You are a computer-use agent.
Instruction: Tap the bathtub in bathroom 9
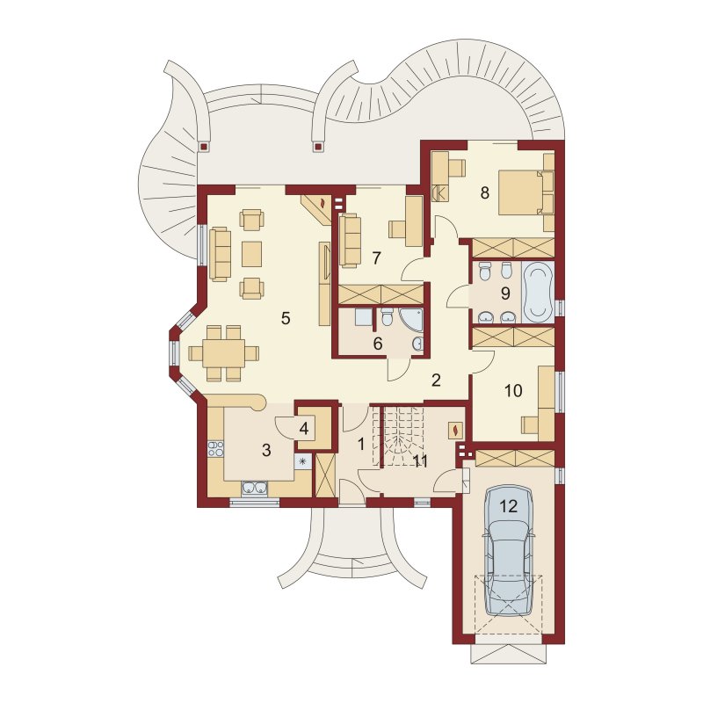[x=538, y=292]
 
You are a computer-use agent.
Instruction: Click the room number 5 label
[x=286, y=318]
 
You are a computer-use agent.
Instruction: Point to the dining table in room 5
[x=224, y=353]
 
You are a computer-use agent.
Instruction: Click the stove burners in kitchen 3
[x=215, y=449]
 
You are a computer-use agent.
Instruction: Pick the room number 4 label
[x=304, y=429]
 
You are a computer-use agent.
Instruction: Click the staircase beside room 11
[x=402, y=436]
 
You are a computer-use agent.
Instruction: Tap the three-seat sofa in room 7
[x=350, y=241]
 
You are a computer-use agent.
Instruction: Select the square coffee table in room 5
[x=251, y=254]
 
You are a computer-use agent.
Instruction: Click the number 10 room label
[x=513, y=390]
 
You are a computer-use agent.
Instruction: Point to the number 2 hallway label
[x=436, y=380]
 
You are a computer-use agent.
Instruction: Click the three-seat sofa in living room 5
[x=219, y=254]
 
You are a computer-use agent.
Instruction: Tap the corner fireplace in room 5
[x=317, y=208]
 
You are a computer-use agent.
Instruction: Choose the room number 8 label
[x=485, y=192]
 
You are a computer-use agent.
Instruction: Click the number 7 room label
[x=377, y=257]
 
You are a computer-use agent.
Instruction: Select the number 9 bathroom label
[x=505, y=294]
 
